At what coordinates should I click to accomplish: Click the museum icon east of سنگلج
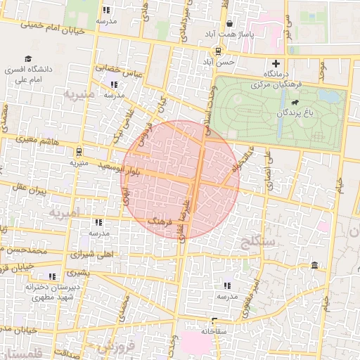pos(314,265)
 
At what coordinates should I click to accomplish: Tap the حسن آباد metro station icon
pos(218,51)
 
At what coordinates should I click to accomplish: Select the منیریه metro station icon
pos(79,150)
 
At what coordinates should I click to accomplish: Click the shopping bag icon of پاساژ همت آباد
pos(230,22)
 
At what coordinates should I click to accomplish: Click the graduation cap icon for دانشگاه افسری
pos(27,59)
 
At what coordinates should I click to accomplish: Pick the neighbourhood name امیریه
pos(64,212)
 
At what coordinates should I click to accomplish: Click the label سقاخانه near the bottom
pos(215,330)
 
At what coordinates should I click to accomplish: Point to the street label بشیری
pos(78,272)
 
